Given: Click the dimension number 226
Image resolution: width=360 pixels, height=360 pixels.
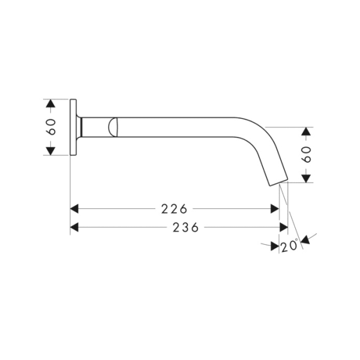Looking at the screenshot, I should click(x=175, y=209).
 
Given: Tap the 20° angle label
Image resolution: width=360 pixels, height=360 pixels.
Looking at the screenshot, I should click(x=289, y=246).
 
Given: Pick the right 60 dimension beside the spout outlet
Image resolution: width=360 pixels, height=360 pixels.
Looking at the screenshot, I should click(x=307, y=155).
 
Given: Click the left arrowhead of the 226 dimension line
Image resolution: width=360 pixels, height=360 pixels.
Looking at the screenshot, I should click(x=75, y=209).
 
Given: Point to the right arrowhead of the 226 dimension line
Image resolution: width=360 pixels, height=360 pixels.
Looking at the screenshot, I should click(x=275, y=209).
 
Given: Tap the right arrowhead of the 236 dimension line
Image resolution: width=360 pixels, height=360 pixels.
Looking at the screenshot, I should click(x=284, y=227).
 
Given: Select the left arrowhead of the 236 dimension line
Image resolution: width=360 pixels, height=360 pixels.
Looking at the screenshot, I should click(x=75, y=227).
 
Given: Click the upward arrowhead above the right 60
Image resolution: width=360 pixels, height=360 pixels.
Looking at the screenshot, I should click(x=307, y=131).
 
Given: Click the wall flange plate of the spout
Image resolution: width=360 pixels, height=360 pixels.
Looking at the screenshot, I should click(x=74, y=127).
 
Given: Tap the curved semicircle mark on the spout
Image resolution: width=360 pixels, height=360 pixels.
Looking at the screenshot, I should click(x=113, y=127).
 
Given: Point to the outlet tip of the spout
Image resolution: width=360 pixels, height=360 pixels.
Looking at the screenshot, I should click(x=280, y=181).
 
